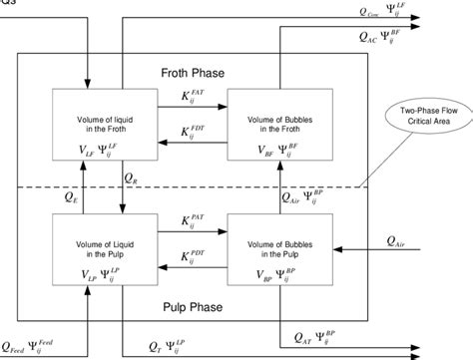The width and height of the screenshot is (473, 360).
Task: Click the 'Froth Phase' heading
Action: [192, 74]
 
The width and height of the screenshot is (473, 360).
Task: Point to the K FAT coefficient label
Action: [195, 98]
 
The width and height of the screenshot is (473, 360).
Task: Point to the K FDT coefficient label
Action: [195, 132]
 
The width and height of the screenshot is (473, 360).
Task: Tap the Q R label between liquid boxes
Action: [132, 178]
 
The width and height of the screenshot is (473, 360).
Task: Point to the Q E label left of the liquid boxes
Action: [71, 196]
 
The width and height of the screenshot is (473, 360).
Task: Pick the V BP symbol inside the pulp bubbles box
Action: [245, 272]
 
